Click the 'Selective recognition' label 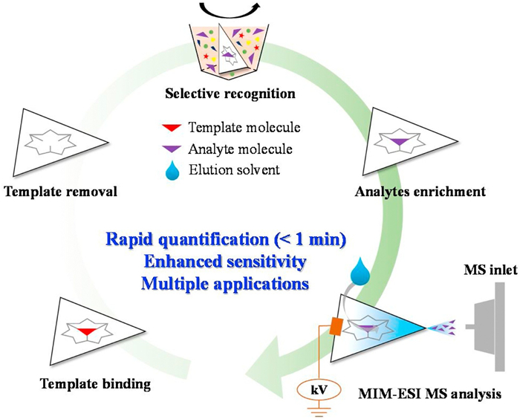coord(230,94)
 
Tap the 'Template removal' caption coord(61,192)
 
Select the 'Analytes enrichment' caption coord(420,192)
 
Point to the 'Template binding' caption coord(96,384)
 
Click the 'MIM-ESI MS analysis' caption coord(430,394)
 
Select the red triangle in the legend coord(172,127)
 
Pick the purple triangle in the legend coord(172,149)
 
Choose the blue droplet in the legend coord(172,171)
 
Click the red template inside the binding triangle coord(87,331)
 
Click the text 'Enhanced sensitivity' coord(225,262)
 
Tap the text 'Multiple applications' coord(225,284)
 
